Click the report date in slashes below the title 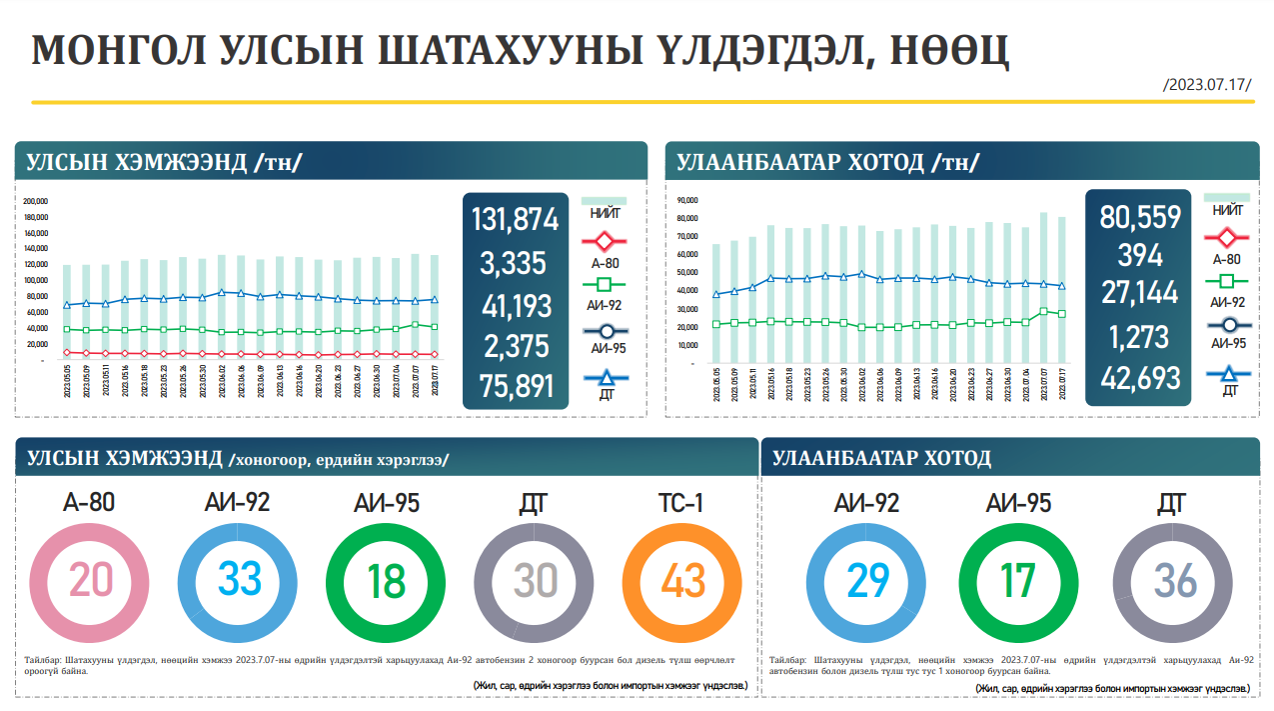click(x=1207, y=84)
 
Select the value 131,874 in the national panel click(x=516, y=220)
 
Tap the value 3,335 click(x=513, y=263)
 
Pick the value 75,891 click(x=516, y=386)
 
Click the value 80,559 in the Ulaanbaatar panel click(x=1140, y=217)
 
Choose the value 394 click(x=1140, y=255)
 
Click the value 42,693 click(x=1140, y=379)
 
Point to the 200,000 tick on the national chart click(x=36, y=200)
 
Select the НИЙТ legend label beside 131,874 click(x=605, y=213)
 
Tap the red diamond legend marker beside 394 click(x=1226, y=238)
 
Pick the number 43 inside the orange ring click(x=682, y=580)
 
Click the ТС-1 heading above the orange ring click(x=681, y=504)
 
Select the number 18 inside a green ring click(x=385, y=580)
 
